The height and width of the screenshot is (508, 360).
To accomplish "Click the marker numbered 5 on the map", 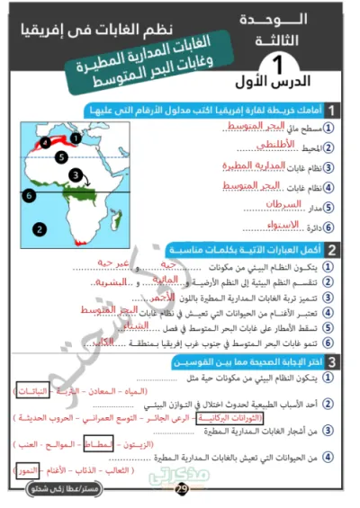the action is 60,156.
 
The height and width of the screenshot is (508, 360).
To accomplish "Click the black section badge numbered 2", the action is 332,249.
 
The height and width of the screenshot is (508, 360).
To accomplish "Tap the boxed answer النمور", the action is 30,470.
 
